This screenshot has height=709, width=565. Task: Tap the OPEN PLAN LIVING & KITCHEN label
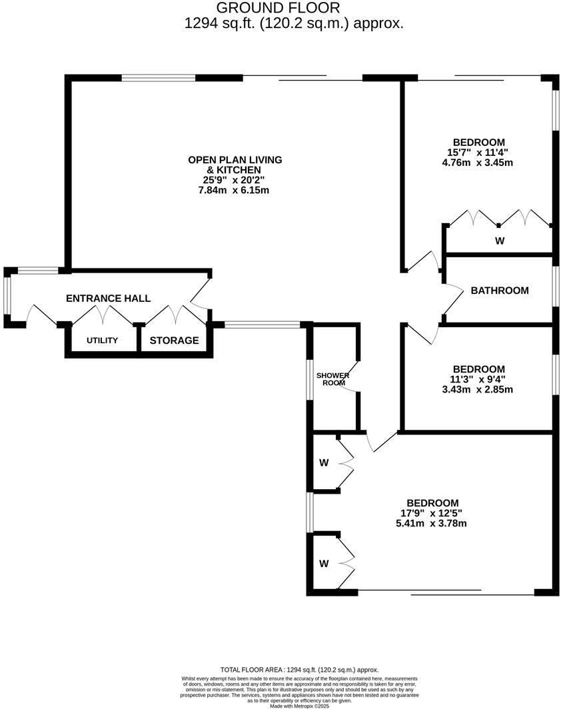[x=235, y=165]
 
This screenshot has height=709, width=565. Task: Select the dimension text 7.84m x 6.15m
[x=235, y=190]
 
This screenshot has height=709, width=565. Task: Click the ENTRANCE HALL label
[x=108, y=299]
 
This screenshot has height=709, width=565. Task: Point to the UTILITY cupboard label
[x=102, y=341]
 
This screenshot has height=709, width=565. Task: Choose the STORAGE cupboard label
[x=174, y=341]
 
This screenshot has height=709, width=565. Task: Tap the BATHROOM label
[x=500, y=291]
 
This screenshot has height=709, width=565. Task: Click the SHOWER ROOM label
[x=332, y=379]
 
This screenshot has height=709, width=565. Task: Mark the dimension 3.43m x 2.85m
[x=477, y=389]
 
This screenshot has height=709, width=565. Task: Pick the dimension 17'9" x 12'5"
[x=434, y=513]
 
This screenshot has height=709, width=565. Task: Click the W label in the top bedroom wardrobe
[x=500, y=241]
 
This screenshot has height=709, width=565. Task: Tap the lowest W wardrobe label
[x=324, y=564]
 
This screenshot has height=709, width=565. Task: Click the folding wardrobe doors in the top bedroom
[x=500, y=218]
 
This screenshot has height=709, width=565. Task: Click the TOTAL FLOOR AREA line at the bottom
[x=298, y=670]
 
